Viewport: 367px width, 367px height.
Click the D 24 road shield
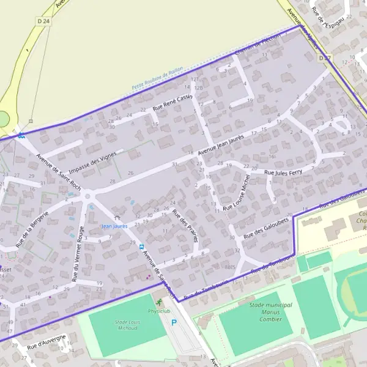click(x=43, y=21)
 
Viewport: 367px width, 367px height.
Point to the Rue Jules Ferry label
click(x=283, y=173)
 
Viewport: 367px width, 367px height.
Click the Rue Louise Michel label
click(x=237, y=193)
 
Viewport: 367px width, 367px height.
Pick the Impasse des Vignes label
click(x=92, y=162)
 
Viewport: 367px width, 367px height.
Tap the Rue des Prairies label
click(x=185, y=225)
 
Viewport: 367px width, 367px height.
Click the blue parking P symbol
click(x=174, y=322)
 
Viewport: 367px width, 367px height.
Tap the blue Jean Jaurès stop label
click(x=114, y=226)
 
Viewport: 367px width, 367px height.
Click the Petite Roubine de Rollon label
click(x=157, y=78)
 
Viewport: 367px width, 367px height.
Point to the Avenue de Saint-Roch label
click(x=58, y=171)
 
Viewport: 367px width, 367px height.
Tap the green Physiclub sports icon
click(x=160, y=302)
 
